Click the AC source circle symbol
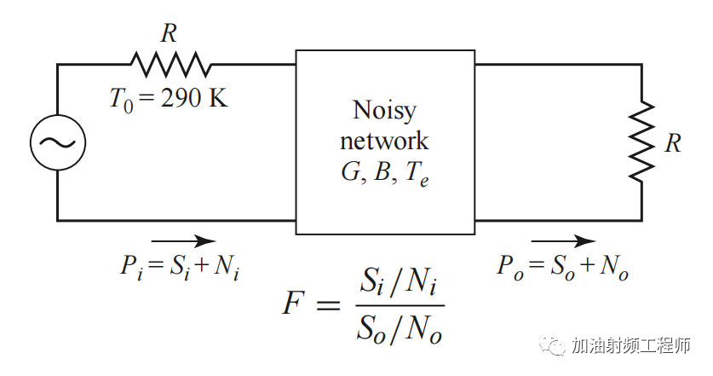[58, 142]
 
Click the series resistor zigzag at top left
[170, 64]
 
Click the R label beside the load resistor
[673, 143]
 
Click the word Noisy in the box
[384, 110]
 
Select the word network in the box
[384, 140]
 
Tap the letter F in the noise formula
[291, 305]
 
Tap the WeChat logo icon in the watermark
[555, 346]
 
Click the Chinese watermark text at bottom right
[631, 346]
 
